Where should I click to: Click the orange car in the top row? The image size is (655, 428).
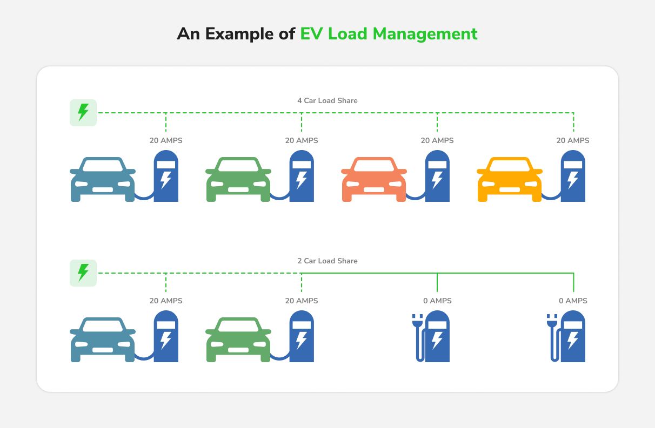pyautogui.click(x=374, y=180)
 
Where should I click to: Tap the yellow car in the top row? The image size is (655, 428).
pyautogui.click(x=510, y=180)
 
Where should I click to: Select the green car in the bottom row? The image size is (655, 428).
pyautogui.click(x=238, y=340)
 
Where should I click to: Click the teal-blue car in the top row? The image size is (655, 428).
pyautogui.click(x=103, y=180)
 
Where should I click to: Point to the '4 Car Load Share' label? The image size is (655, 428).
pyautogui.click(x=327, y=101)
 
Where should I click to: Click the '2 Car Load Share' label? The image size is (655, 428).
pyautogui.click(x=327, y=261)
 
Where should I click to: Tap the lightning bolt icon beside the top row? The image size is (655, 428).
pyautogui.click(x=83, y=113)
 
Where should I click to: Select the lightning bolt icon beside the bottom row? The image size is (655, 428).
pyautogui.click(x=83, y=273)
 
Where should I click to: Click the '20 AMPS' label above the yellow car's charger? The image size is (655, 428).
pyautogui.click(x=573, y=141)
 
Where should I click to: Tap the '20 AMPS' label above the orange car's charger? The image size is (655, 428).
pyautogui.click(x=437, y=141)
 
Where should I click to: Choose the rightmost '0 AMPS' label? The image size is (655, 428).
pyautogui.click(x=573, y=301)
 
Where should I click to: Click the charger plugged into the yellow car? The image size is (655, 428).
pyautogui.click(x=573, y=176)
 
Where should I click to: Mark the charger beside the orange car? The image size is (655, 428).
pyautogui.click(x=437, y=176)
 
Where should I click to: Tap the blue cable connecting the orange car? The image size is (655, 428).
pyautogui.click(x=416, y=196)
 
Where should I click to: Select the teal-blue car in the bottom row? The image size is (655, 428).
pyautogui.click(x=103, y=340)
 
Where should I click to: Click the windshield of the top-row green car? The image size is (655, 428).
pyautogui.click(x=238, y=166)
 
